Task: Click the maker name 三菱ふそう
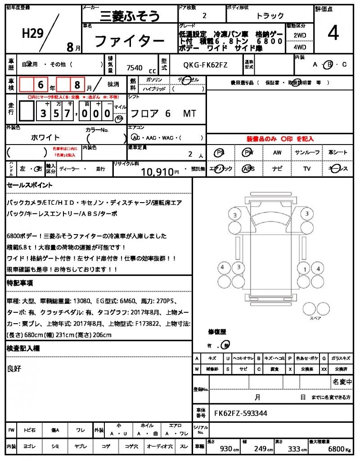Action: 130,16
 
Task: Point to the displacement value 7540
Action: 135,68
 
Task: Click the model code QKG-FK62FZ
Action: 205,65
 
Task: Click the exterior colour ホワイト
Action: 45,137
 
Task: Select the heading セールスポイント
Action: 29,185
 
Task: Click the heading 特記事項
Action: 19,283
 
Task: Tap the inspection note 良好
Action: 14,369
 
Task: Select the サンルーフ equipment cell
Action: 307,153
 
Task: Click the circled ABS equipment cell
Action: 248,168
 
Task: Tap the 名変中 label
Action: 342,382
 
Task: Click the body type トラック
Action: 270,16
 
